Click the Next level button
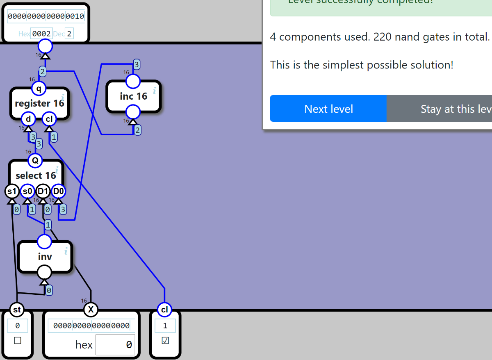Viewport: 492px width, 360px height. coord(328,109)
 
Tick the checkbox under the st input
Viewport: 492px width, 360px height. coord(17,341)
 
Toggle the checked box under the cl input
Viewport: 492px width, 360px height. coord(165,341)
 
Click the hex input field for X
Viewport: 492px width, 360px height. coord(115,345)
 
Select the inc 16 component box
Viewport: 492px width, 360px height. coord(133,96)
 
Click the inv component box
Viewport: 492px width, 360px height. coord(45,257)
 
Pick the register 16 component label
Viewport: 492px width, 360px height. coord(39,103)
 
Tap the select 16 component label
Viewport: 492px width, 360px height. coord(36,175)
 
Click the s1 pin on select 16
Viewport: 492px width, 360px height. coord(12,191)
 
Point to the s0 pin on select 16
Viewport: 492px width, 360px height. coord(27,191)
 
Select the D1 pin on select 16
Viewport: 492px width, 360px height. coord(43,191)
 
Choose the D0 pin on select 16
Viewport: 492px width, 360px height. coord(58,191)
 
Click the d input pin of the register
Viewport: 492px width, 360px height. coord(28,119)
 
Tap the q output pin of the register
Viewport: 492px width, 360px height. coord(39,87)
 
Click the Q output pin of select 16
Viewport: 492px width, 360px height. coord(35,160)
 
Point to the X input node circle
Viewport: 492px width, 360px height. coord(91,310)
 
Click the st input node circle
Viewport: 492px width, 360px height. coord(17,310)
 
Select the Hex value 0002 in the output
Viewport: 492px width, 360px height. coord(41,34)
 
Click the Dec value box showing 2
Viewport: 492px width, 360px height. coord(69,34)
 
